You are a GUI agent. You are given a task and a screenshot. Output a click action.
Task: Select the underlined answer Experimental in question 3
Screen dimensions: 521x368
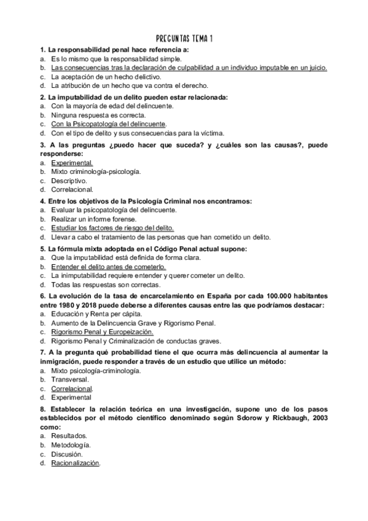coord(72,163)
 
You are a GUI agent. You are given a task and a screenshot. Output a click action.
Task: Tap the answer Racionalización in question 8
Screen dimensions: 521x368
coord(76,464)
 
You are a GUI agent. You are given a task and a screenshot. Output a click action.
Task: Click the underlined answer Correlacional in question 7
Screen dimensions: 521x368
coord(72,389)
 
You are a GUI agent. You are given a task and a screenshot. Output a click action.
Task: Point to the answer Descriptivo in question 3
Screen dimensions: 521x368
coord(69,181)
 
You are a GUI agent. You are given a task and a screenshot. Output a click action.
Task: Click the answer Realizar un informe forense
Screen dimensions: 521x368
coord(92,219)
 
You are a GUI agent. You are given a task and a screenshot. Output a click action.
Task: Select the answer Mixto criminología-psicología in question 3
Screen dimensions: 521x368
coord(96,171)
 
